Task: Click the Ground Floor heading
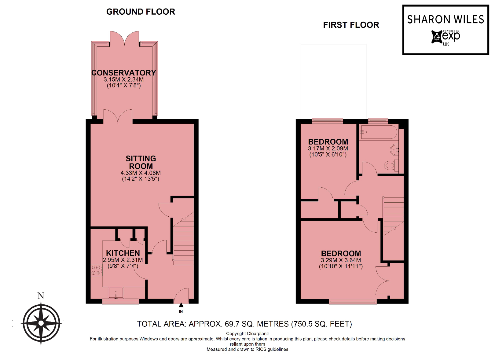click(x=141, y=12)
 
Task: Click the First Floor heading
click(x=351, y=25)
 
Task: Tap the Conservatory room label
click(x=123, y=73)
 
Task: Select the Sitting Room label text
click(x=141, y=162)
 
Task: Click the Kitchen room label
click(x=123, y=253)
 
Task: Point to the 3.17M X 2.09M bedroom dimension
click(x=328, y=149)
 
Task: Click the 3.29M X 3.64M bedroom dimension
click(x=341, y=260)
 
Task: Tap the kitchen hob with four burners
click(x=96, y=270)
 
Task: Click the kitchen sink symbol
click(x=116, y=293)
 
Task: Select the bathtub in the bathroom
click(x=379, y=132)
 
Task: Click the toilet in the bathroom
click(x=391, y=166)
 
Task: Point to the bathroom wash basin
click(x=394, y=150)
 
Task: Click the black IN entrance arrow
click(x=181, y=305)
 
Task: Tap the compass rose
click(x=41, y=323)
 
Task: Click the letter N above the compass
click(x=41, y=296)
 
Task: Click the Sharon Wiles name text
click(x=446, y=20)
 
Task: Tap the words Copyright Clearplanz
click(x=247, y=333)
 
